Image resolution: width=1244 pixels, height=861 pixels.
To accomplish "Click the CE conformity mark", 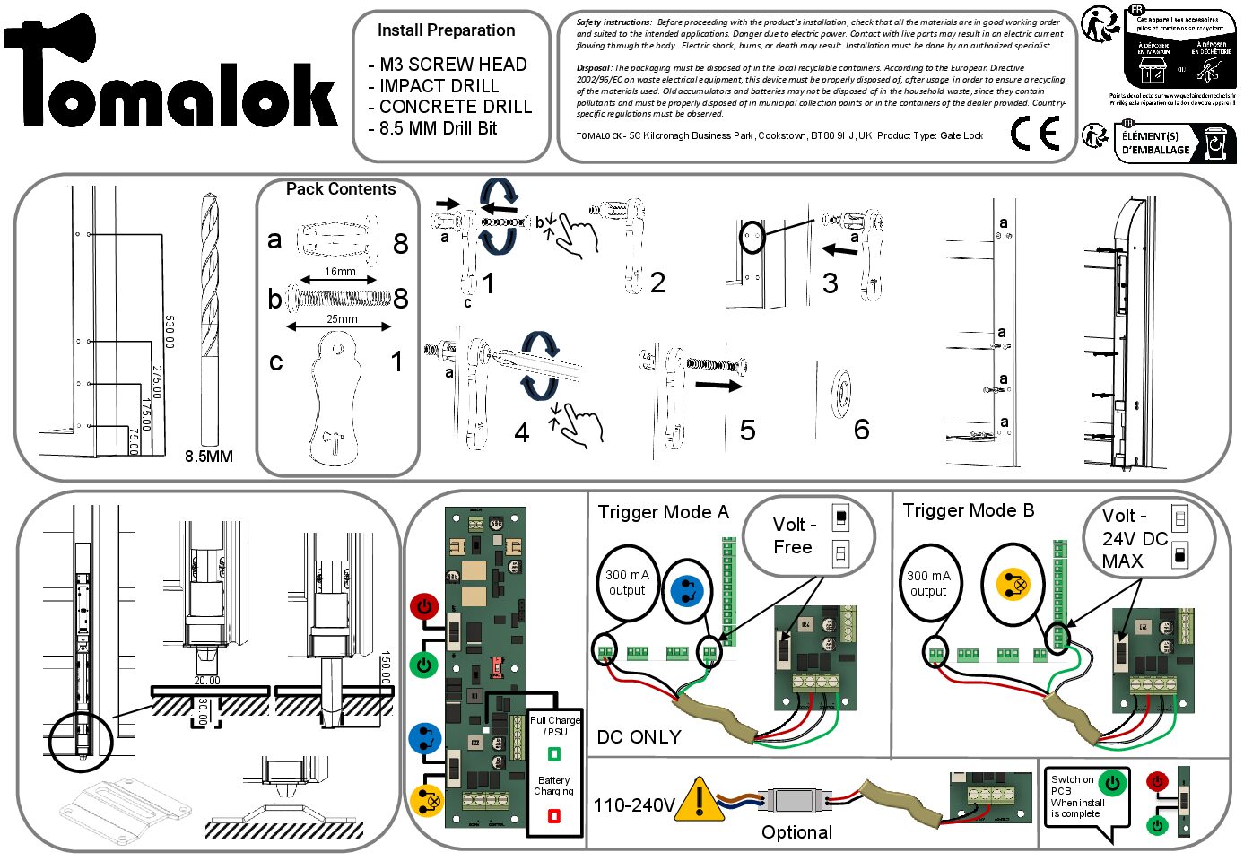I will click(1034, 135).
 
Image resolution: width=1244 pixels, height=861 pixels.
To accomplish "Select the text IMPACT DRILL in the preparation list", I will click(439, 86).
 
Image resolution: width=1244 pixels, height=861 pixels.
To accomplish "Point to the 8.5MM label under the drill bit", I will click(208, 457).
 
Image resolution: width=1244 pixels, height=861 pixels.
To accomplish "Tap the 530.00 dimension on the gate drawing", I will click(170, 332).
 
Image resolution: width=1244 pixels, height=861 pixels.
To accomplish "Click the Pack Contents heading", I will click(340, 189).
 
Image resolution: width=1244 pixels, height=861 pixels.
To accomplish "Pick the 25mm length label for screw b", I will click(341, 319).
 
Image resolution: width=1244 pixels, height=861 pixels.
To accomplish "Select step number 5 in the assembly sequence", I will click(747, 430).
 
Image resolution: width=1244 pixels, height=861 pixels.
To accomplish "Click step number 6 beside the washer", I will click(861, 430).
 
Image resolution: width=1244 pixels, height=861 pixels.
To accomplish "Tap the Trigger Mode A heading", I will click(663, 512).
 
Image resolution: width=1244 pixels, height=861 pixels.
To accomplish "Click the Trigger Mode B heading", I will click(968, 510).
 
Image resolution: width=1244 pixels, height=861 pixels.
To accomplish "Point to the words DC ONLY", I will click(639, 737).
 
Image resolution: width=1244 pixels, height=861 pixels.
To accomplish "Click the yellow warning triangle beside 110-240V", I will click(699, 801).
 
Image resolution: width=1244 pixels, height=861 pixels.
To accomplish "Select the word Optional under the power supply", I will click(796, 832).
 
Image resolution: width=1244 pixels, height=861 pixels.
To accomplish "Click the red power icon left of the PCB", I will click(423, 606).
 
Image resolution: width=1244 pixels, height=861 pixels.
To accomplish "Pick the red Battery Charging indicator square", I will click(553, 816).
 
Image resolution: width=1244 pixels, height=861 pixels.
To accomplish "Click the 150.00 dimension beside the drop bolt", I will click(386, 668).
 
